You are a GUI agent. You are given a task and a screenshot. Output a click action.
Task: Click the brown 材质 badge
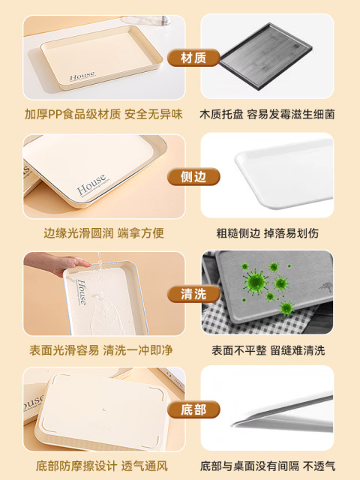[x=193, y=58]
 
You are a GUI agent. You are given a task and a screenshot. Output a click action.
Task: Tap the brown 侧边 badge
[x=193, y=177]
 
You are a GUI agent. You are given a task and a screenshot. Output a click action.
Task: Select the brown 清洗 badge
[x=193, y=294]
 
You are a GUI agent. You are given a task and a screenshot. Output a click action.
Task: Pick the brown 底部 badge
[x=193, y=409]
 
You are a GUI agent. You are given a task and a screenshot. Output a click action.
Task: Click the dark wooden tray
[x=265, y=57]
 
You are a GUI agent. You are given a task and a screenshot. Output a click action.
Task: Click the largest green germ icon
[x=255, y=281]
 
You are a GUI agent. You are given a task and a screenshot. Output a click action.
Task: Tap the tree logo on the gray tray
[x=325, y=286]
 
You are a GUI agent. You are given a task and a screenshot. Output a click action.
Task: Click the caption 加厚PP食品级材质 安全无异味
[x=103, y=114]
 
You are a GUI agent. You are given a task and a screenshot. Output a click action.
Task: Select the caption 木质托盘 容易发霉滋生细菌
[x=267, y=114]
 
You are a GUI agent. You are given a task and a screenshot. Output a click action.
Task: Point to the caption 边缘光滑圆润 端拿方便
[x=103, y=233]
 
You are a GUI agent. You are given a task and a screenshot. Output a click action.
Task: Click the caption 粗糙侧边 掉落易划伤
[x=267, y=233]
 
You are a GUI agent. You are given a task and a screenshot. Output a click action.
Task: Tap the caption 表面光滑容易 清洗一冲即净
[x=101, y=350]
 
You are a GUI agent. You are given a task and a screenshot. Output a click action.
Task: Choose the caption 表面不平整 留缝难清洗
[x=268, y=350]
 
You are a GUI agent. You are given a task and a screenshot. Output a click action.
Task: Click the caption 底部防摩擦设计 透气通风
[x=102, y=466]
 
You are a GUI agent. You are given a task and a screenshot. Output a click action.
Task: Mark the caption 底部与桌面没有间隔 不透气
[x=268, y=466]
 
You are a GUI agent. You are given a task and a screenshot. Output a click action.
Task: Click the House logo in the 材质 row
[x=82, y=76]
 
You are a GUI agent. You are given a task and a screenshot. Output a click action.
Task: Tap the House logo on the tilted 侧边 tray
[x=91, y=184]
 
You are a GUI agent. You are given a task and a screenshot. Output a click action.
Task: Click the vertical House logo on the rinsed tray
[x=82, y=292]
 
